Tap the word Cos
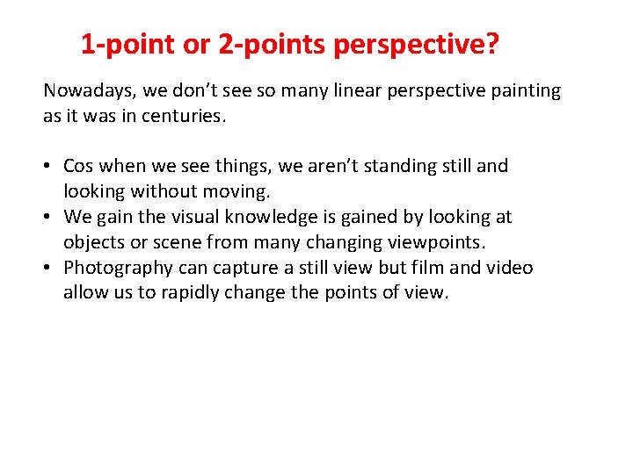[x=80, y=166]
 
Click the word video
[x=510, y=268]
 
